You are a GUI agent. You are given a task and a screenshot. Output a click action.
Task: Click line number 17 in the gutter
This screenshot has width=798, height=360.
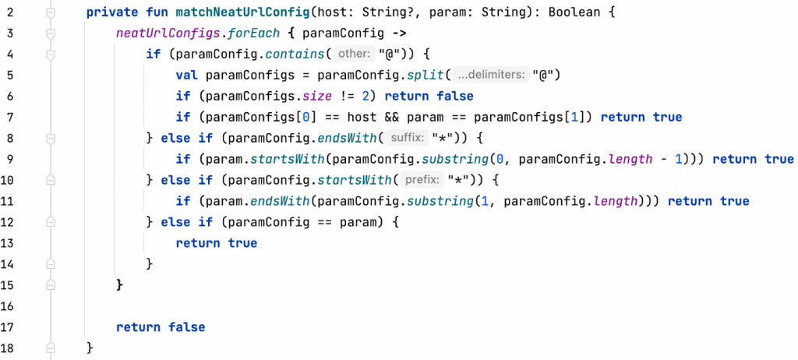tap(10, 327)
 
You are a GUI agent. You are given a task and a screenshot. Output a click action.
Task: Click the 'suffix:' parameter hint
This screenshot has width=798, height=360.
tap(407, 139)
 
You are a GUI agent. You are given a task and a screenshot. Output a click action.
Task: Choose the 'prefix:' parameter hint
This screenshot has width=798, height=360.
tap(421, 181)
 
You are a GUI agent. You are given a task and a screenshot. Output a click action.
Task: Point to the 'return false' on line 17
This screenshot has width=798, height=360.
tap(161, 327)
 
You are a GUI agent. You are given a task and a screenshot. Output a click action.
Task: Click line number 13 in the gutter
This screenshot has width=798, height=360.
tap(10, 243)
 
